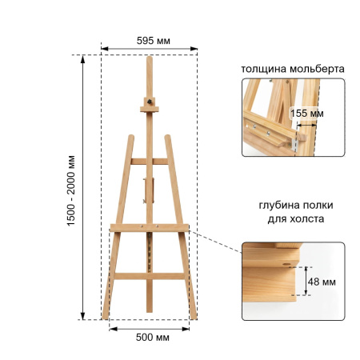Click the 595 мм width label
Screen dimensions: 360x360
coord(154,41)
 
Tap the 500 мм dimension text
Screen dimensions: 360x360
coord(153,338)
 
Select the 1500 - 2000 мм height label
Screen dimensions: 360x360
coord(71,190)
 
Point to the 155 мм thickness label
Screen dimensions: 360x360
coord(307,114)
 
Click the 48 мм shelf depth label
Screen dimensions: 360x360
coord(322,282)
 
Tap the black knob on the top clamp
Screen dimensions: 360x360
coord(150,102)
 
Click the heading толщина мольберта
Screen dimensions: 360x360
coord(293,69)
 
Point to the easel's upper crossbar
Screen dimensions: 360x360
coord(150,162)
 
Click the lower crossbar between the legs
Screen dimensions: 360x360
coord(150,276)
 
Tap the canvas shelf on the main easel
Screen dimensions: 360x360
coord(150,228)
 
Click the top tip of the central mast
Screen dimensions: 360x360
coord(150,57)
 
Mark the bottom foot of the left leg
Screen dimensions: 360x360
coord(106,318)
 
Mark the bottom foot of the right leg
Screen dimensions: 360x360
coord(194,318)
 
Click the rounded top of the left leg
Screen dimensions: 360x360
coord(131,136)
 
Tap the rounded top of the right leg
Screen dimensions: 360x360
coord(167,136)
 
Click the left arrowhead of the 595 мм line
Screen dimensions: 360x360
coord(104,49)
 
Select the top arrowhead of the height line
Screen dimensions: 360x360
coord(82,59)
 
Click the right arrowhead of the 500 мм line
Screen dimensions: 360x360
coord(186,329)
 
